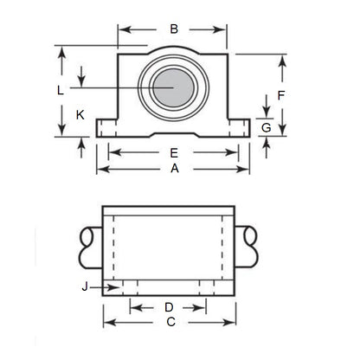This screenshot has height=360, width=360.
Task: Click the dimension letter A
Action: click(174, 170)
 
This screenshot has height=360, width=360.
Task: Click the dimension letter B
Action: click(174, 29)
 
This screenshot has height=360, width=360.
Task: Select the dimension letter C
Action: click(170, 322)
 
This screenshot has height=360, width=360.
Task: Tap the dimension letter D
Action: click(170, 307)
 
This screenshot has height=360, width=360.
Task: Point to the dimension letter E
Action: click(174, 153)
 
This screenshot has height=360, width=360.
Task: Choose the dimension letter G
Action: click(267, 127)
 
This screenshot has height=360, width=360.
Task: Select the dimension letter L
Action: click(59, 89)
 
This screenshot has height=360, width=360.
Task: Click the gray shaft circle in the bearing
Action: click(172, 87)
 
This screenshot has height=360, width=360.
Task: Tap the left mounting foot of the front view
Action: click(107, 129)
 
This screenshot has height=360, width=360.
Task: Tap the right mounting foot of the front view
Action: click(240, 129)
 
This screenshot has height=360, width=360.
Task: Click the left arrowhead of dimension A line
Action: click(100, 170)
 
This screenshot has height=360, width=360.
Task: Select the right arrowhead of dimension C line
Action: click(232, 322)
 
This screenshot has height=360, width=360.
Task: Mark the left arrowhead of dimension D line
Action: click(134, 307)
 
